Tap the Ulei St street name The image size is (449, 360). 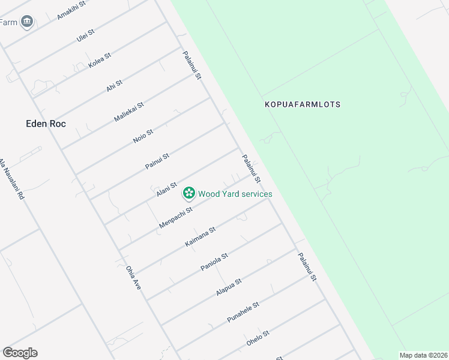(x=86, y=36)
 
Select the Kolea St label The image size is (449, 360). (x=100, y=61)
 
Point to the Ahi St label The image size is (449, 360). (x=114, y=85)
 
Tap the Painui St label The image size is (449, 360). (x=157, y=161)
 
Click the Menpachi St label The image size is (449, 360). (x=176, y=218)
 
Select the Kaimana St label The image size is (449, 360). (x=200, y=236)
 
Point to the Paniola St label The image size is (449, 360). (x=214, y=262)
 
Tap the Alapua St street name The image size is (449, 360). (x=229, y=287)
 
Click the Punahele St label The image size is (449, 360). (x=243, y=313)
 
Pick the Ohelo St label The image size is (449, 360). (x=258, y=338)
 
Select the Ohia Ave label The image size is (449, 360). (x=133, y=278)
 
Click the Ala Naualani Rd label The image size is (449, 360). (x=11, y=179)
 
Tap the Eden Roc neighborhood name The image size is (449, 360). (x=46, y=124)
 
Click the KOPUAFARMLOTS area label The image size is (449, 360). (x=303, y=104)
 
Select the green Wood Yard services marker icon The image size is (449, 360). (x=189, y=193)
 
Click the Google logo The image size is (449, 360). (x=20, y=353)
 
